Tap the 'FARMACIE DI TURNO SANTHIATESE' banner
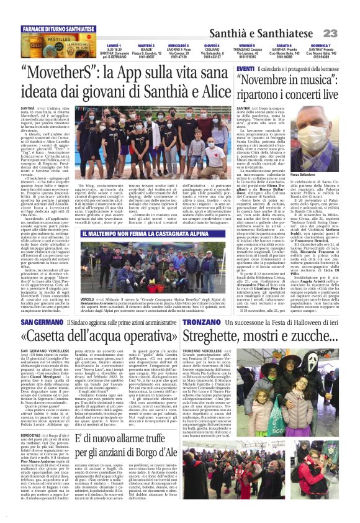(x=58, y=29)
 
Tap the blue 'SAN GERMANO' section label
(x=40, y=322)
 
